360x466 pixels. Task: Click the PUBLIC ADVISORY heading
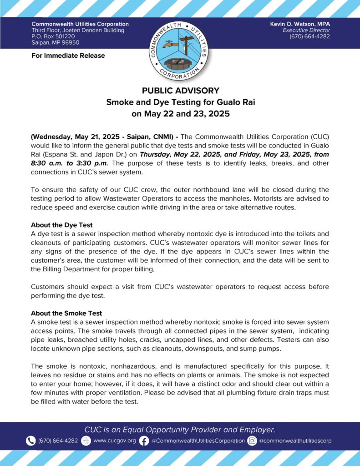(180, 91)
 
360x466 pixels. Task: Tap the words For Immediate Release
(68, 56)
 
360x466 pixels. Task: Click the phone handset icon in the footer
(30, 441)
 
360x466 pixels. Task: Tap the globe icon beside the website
(86, 441)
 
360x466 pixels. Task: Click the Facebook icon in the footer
(144, 441)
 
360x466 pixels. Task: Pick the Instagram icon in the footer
(252, 441)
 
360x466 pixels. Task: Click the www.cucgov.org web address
(114, 441)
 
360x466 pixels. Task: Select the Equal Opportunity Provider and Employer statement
(180, 429)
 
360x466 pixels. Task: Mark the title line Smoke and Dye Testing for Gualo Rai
(180, 102)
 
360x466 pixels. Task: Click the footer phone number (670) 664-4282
(58, 441)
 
